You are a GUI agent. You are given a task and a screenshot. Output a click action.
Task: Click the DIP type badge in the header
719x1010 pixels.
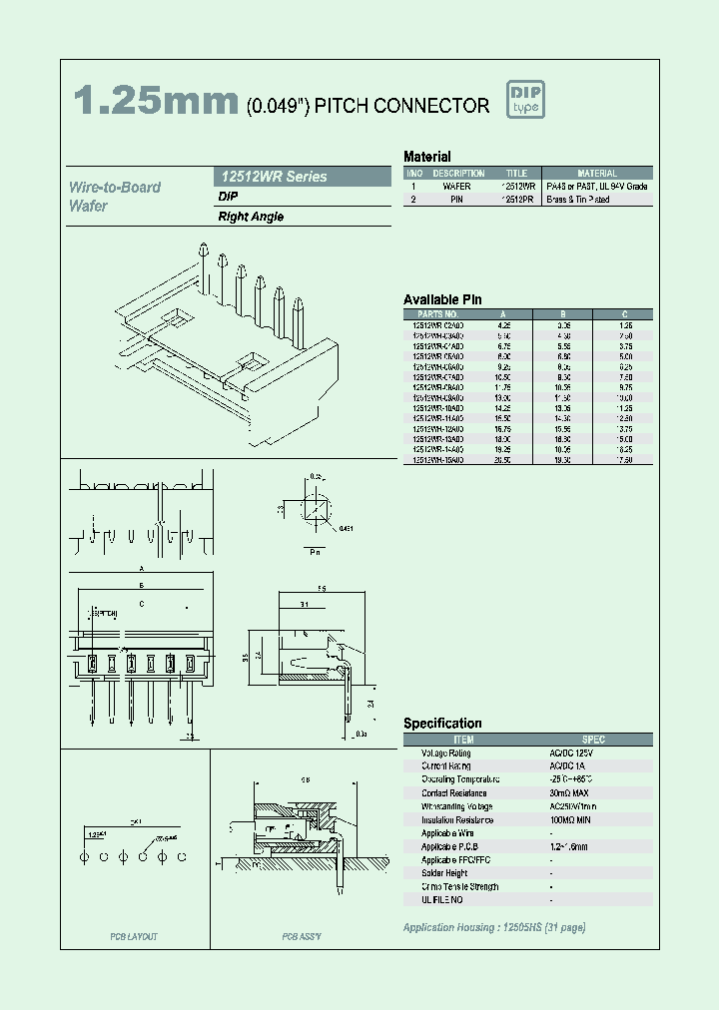(x=525, y=100)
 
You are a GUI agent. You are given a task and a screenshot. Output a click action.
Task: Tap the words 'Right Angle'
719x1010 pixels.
(x=251, y=217)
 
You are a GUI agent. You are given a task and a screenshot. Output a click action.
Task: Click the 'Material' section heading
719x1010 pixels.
(x=426, y=157)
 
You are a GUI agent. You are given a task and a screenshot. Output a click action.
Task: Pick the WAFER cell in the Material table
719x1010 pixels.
(x=455, y=187)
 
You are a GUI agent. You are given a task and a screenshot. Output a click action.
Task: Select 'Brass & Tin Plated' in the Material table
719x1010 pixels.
(x=578, y=200)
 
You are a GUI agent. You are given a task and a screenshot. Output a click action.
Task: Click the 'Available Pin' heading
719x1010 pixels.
(x=442, y=299)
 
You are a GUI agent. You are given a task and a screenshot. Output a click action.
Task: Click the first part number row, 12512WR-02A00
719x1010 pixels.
(x=437, y=325)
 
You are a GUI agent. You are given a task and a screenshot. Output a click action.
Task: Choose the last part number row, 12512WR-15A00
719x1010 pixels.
(x=437, y=460)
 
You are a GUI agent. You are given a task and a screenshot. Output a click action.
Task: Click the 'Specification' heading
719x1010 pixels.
(x=442, y=724)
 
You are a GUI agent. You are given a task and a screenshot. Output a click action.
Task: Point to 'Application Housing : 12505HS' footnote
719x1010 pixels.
(x=493, y=927)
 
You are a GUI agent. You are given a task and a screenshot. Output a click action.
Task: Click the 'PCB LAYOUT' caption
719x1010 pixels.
(x=134, y=937)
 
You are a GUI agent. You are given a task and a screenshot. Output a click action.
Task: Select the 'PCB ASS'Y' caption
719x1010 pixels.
(x=301, y=937)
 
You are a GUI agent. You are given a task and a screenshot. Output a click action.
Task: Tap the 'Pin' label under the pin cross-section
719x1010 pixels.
(x=315, y=550)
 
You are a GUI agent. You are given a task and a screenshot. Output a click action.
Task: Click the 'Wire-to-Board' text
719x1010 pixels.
(x=114, y=188)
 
